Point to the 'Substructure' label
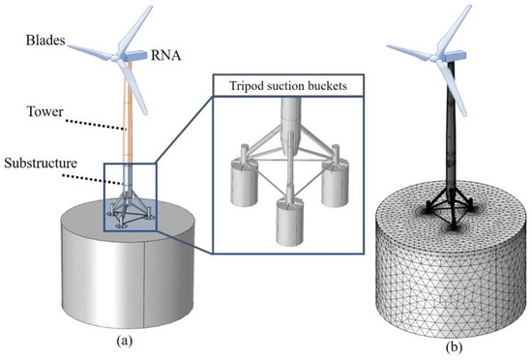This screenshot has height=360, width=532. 45,164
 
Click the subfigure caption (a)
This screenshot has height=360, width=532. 134,337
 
